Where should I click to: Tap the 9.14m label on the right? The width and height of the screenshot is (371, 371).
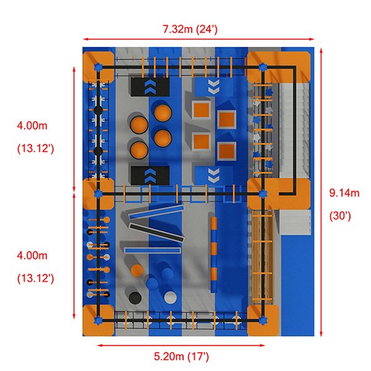click(344, 193)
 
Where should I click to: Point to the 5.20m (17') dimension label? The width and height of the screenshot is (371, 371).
click(181, 356)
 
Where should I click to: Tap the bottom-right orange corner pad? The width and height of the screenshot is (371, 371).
click(263, 320)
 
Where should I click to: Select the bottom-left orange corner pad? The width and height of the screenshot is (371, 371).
click(97, 320)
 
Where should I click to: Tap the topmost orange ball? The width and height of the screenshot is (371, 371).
click(163, 113)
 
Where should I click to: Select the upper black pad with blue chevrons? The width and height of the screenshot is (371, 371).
click(150, 87)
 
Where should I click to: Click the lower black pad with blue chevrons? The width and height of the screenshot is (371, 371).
click(150, 175)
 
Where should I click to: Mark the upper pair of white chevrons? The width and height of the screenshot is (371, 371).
click(213, 87)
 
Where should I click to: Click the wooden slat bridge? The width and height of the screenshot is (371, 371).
click(263, 247)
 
